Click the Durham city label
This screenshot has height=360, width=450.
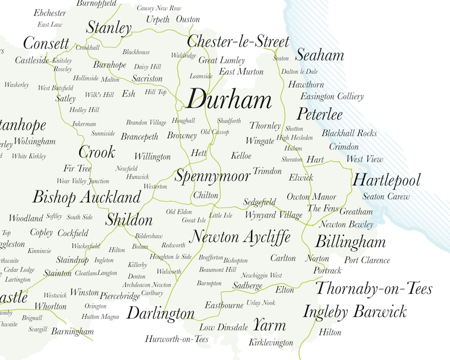pos(229,101)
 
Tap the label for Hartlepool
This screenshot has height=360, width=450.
pos(387,180)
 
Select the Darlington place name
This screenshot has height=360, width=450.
pos(160,313)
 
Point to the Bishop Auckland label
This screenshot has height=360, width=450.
pos(86,197)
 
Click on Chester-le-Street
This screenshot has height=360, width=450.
pos(238,41)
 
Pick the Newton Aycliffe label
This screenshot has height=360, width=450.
pos(240,236)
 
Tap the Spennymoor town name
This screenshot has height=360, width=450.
pos(212,176)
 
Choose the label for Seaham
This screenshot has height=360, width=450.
pos(320,55)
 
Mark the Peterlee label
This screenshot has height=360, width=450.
pos(320,114)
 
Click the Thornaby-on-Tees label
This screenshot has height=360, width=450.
pos(373,289)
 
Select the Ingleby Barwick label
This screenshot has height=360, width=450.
pos(355,312)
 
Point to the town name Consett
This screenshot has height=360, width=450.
pos(46,44)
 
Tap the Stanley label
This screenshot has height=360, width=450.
pos(109,28)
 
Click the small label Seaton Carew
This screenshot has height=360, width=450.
pos(386,197)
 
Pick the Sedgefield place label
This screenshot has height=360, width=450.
pos(260,202)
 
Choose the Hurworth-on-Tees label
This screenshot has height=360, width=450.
pos(177,339)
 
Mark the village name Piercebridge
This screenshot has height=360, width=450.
pos(120,295)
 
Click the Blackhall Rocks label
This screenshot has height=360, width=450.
pos(349,133)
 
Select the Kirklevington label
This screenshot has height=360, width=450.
pos(271,342)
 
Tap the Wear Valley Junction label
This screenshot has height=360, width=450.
pos(83,181)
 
